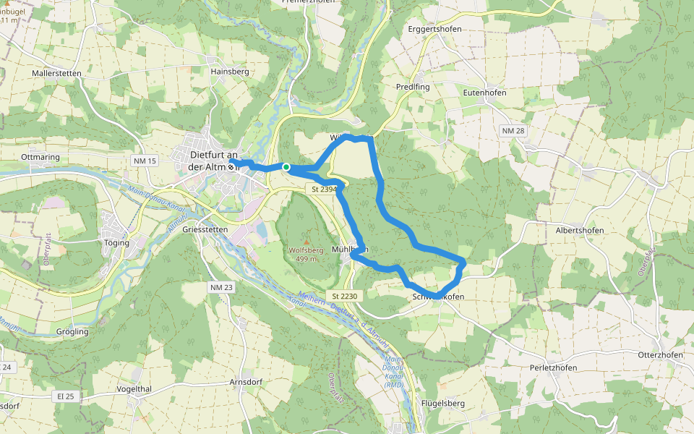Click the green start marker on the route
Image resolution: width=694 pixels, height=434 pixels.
pyautogui.click(x=286, y=168)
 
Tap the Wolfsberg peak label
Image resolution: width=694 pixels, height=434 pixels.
pyautogui.click(x=306, y=250)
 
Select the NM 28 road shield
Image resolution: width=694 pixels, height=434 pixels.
pyautogui.click(x=512, y=130)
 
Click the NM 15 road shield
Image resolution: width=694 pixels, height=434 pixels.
pyautogui.click(x=145, y=161)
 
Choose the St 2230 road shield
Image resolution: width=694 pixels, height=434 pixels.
pyautogui.click(x=346, y=297)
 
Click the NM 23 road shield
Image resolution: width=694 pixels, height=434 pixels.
pyautogui.click(x=222, y=288)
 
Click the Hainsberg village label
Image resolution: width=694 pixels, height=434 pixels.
pyautogui.click(x=229, y=72)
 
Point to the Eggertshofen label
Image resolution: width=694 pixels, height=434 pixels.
pyautogui.click(x=434, y=28)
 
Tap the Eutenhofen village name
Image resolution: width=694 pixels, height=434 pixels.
pyautogui.click(x=484, y=93)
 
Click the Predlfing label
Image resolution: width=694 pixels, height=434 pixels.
pyautogui.click(x=413, y=87)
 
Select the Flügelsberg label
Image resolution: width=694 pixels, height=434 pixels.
pyautogui.click(x=442, y=404)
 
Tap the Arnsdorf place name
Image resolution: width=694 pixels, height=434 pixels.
pyautogui.click(x=244, y=382)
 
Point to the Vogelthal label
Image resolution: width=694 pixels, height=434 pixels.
pyautogui.click(x=134, y=388)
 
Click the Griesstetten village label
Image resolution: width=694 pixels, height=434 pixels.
pyautogui.click(x=205, y=229)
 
